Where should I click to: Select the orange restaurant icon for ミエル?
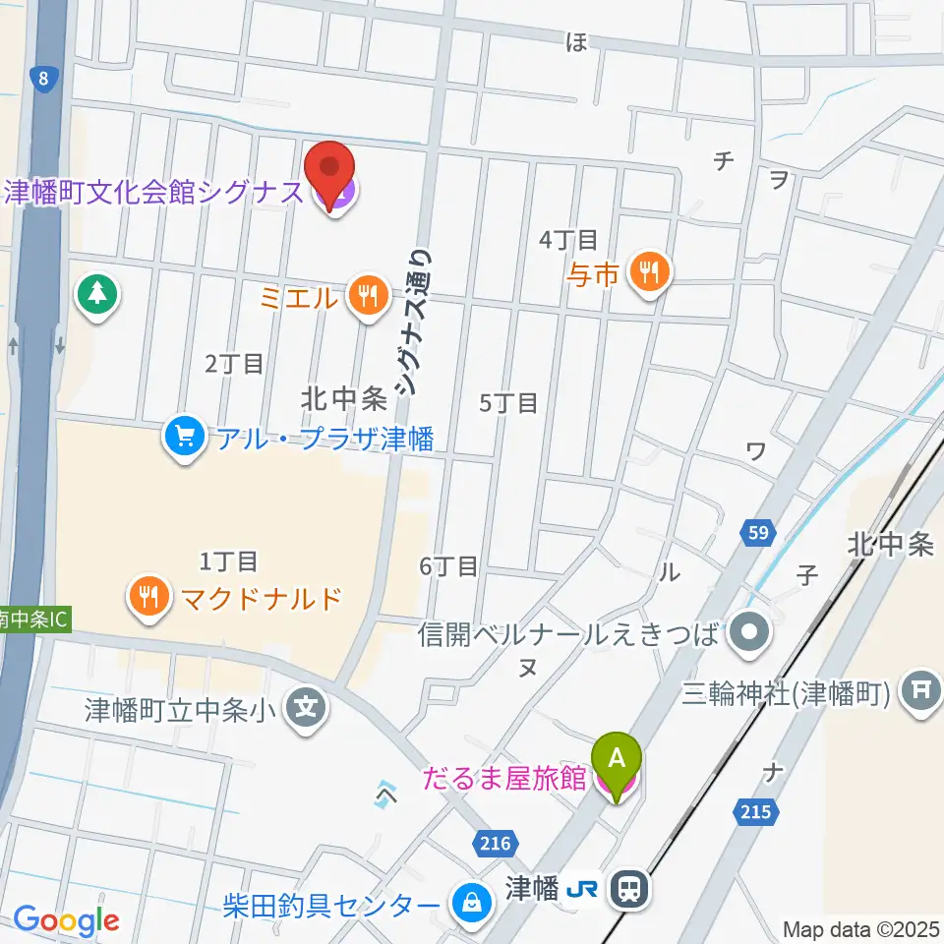368,297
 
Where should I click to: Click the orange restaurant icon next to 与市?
648,271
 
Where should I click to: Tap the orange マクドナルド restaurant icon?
148,599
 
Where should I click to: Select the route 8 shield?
41,79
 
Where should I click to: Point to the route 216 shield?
498,842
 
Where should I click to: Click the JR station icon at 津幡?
626,891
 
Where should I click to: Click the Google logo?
67,920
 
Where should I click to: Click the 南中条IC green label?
33,622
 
